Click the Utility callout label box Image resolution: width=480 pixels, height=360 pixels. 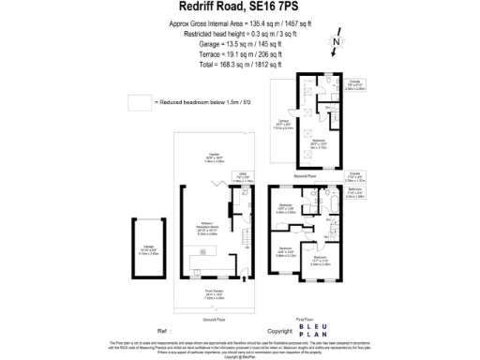pyautogui.click(x=243, y=173)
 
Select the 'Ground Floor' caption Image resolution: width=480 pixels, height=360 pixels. pyautogui.click(x=215, y=292)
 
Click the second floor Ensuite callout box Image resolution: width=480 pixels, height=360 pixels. pyautogui.click(x=356, y=87)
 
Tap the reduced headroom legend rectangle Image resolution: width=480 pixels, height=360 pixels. pyautogui.click(x=140, y=100)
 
